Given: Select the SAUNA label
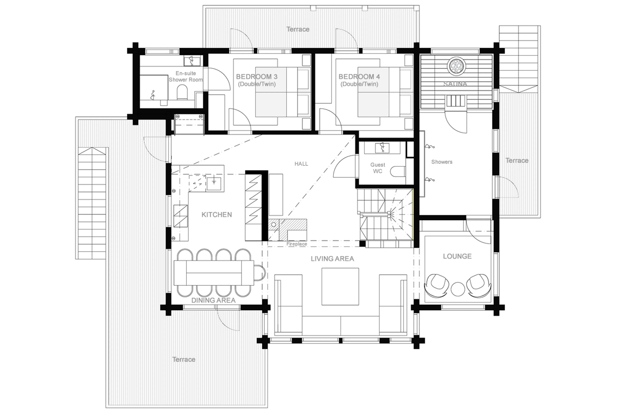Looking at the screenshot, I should (x=455, y=84).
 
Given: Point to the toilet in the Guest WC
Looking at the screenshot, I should (x=398, y=171).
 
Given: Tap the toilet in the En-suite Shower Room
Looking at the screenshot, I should (x=182, y=92).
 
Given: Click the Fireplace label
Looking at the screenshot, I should (x=296, y=244).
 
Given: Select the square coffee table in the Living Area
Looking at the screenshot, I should (x=340, y=287).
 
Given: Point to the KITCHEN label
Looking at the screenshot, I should (x=216, y=215).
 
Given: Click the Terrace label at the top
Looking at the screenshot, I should (x=298, y=29).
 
